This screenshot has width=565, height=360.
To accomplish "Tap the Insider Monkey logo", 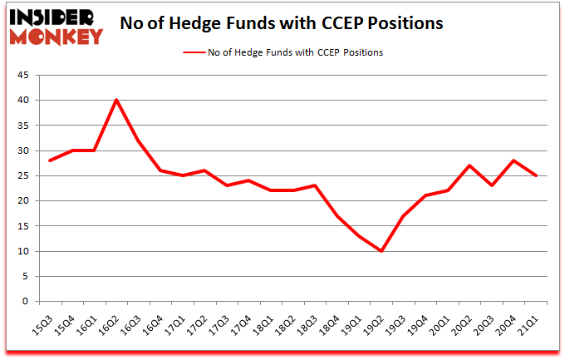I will (x=56, y=25).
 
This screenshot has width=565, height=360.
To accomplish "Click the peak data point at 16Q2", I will (x=116, y=100).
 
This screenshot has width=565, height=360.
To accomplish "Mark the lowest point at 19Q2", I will (x=381, y=251).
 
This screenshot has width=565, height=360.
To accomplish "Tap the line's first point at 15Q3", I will (x=51, y=160).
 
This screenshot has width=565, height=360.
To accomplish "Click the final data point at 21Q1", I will (x=537, y=175).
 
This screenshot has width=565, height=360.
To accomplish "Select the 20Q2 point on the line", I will (x=470, y=165).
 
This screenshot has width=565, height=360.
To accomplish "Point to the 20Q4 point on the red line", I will (x=514, y=160).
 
